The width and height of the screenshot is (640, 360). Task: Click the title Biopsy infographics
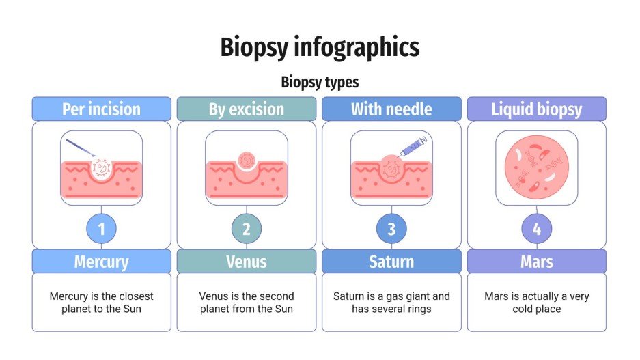pyautogui.click(x=320, y=48)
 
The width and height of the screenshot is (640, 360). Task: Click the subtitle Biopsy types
pyautogui.click(x=320, y=83)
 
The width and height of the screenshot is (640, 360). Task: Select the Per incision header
pyautogui.click(x=101, y=109)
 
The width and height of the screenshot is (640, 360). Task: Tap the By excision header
pyautogui.click(x=247, y=109)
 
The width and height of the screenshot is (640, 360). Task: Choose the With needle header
pyautogui.click(x=391, y=109)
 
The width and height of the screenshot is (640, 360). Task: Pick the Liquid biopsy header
pyautogui.click(x=536, y=109)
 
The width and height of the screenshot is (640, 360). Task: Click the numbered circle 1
pyautogui.click(x=102, y=230)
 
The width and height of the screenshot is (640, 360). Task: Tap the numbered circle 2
pyautogui.click(x=247, y=230)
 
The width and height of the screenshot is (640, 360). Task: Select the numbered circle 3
pyautogui.click(x=391, y=230)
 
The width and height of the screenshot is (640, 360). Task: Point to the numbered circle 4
pyautogui.click(x=536, y=230)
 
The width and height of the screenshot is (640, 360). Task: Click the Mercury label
pyautogui.click(x=101, y=262)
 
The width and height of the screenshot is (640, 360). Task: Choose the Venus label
pyautogui.click(x=247, y=262)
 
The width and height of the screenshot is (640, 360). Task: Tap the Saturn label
pyautogui.click(x=391, y=262)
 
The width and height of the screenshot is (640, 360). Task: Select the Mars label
pyautogui.click(x=536, y=262)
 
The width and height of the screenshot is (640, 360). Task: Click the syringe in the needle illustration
pyautogui.click(x=414, y=146)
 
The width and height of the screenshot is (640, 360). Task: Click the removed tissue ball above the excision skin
pyautogui.click(x=247, y=160)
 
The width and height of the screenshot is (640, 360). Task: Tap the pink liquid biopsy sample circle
pyautogui.click(x=536, y=167)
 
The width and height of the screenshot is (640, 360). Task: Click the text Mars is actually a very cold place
pyautogui.click(x=536, y=303)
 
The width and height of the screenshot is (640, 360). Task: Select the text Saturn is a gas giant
pyautogui.click(x=391, y=296)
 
